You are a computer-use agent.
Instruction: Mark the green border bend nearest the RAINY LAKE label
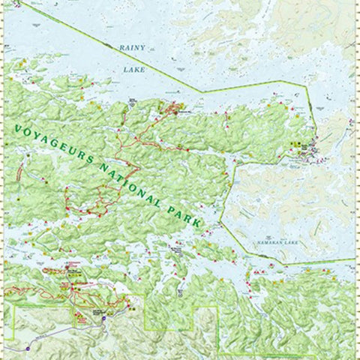(201, 92)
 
